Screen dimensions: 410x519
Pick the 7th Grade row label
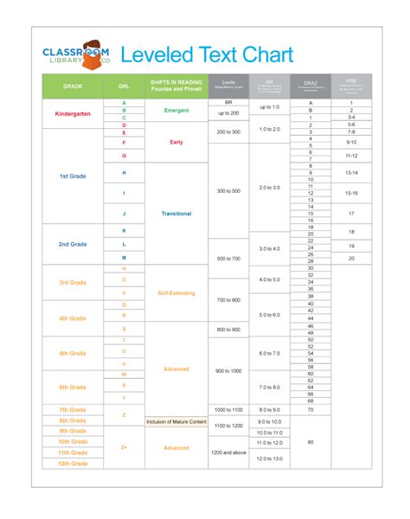click(74, 409)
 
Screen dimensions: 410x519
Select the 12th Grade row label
click(74, 464)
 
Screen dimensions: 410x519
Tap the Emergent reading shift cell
click(176, 111)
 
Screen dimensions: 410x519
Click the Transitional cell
click(176, 214)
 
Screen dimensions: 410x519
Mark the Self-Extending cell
click(176, 293)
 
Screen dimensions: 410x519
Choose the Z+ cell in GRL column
click(124, 448)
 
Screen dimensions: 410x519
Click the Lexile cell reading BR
click(229, 102)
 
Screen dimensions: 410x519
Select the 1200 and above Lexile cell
click(229, 452)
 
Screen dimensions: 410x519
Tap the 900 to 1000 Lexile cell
click(229, 369)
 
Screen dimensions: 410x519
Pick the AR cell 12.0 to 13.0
click(270, 458)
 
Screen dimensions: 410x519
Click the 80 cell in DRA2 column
click(310, 442)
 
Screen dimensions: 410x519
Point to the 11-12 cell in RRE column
click(350, 156)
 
